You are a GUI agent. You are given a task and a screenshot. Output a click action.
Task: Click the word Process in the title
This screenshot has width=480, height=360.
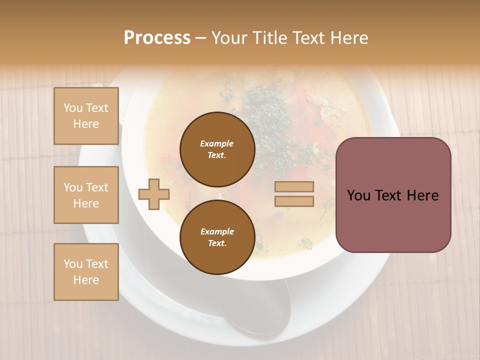tap(157, 37)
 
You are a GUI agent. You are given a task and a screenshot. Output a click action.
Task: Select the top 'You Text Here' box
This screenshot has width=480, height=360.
tap(86, 116)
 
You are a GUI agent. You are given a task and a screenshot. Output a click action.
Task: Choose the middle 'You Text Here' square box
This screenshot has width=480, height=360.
tap(86, 195)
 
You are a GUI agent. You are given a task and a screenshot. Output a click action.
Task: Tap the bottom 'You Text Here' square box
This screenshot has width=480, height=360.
tap(86, 272)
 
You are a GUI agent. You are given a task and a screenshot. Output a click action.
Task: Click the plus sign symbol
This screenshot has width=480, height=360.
tap(154, 194)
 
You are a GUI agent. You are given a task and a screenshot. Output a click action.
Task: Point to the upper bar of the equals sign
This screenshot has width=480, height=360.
tap(294, 186)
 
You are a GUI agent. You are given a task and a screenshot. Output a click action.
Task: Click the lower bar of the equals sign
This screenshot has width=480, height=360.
tap(294, 201)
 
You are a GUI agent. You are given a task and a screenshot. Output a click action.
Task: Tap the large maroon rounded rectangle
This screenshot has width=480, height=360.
tap(393, 220)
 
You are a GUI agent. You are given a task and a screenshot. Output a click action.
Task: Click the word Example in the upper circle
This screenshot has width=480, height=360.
tap(216, 143)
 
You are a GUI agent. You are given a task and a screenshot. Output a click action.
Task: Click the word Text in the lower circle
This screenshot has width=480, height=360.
tap(216, 243)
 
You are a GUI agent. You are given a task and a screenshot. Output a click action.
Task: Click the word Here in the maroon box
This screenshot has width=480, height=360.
tap(422, 195)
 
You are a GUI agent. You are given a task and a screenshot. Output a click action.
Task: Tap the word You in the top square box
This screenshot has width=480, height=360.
tap(73, 108)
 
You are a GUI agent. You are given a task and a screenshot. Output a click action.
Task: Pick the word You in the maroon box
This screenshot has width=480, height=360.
tap(359, 195)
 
